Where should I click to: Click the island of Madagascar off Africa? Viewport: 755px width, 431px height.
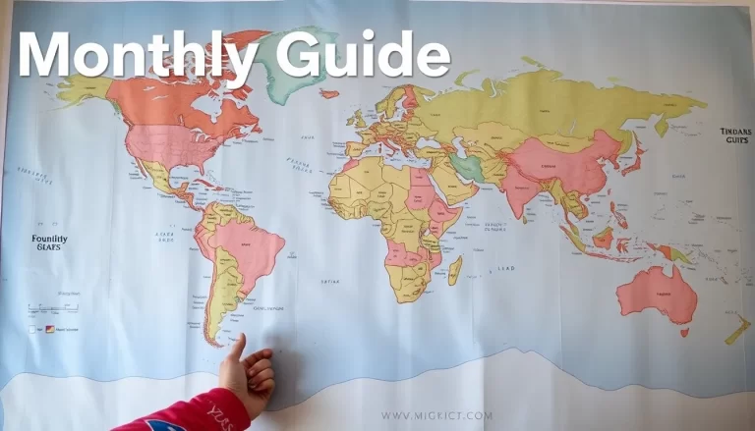[455, 270]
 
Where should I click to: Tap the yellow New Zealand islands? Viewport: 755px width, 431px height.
[737, 330]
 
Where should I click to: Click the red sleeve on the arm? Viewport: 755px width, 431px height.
[187, 412]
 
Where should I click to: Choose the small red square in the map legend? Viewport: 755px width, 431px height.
[50, 330]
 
